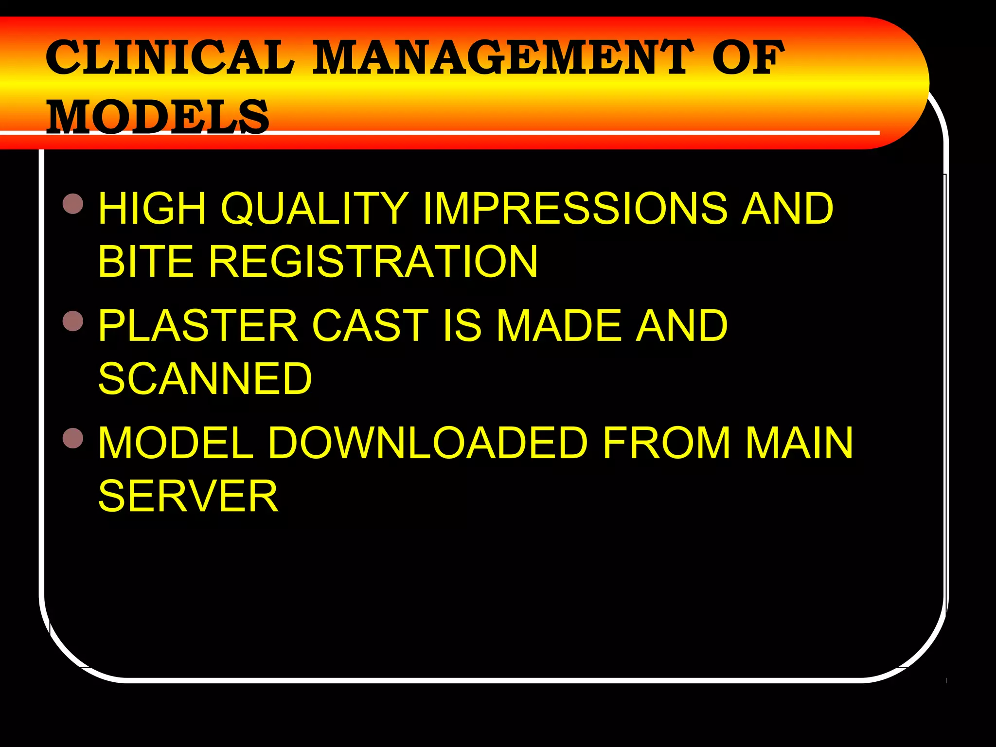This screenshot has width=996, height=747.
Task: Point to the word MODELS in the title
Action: point(158,117)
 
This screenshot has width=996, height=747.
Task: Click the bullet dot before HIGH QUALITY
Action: point(73,204)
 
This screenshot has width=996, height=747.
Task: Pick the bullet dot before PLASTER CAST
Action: point(73,321)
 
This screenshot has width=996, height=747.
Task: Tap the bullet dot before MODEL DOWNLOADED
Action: point(73,438)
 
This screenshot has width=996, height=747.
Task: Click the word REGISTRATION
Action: point(373,261)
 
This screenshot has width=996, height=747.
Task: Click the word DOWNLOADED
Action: point(428,443)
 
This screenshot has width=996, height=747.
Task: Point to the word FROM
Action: point(666,443)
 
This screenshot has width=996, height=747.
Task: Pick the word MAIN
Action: point(799,443)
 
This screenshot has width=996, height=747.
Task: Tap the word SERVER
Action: point(188,496)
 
